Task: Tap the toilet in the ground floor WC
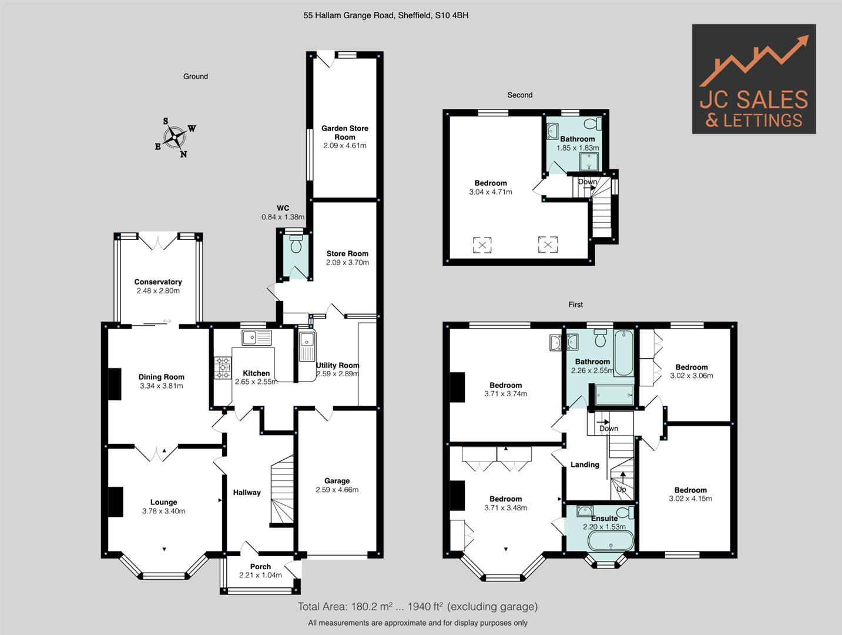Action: [x=296, y=245]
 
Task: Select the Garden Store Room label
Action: [x=344, y=132]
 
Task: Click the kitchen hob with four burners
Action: [x=223, y=367]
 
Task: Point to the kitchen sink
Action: [x=256, y=337]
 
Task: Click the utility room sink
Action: [x=307, y=346]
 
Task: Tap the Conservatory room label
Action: [x=158, y=282]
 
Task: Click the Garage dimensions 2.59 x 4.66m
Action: [x=337, y=489]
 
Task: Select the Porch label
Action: [x=260, y=567]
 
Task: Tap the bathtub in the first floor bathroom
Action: [x=623, y=353]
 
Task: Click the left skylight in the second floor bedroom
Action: [x=482, y=244]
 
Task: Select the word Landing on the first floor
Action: [x=585, y=464]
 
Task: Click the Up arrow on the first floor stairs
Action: [x=622, y=479]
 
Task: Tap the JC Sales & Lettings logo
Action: [x=753, y=79]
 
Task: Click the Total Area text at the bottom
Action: [x=417, y=606]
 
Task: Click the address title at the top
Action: [x=385, y=16]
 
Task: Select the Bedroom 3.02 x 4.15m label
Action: [x=690, y=494]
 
